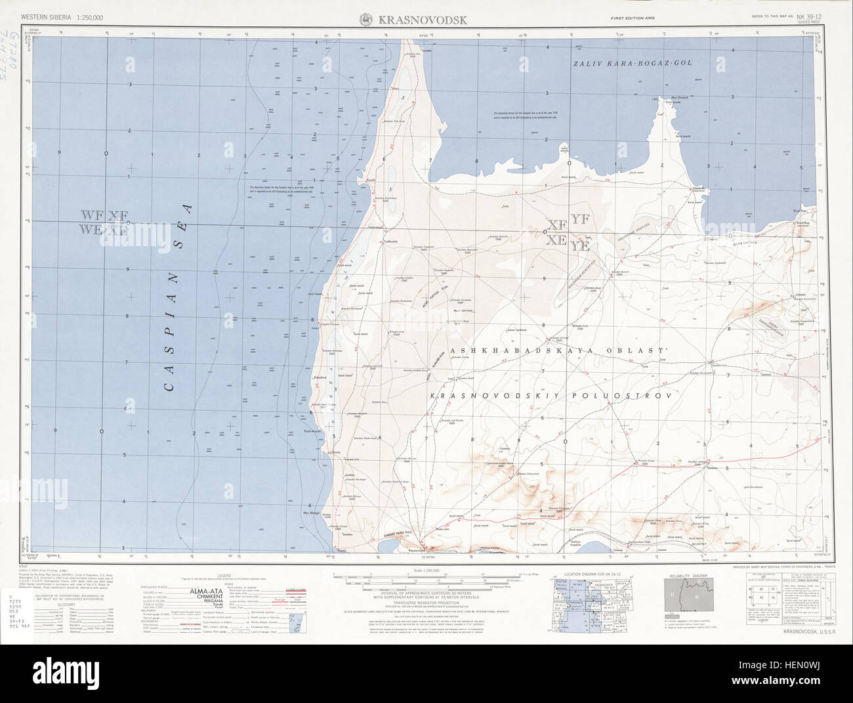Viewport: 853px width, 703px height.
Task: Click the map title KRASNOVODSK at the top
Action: [423, 20]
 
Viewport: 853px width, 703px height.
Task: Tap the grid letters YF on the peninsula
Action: [581, 220]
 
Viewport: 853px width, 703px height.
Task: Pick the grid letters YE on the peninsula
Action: [581, 245]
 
